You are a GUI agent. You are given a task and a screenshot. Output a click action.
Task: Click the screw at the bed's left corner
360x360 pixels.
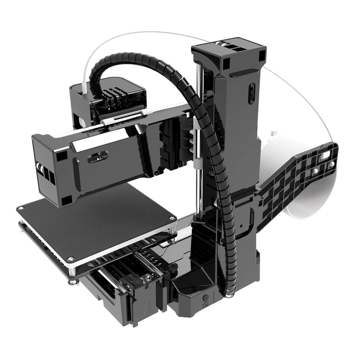coord(21,208)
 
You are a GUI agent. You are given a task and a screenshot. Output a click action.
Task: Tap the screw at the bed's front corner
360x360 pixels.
coord(71,260)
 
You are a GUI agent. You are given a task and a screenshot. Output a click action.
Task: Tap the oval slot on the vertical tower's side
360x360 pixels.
coord(252,93)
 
